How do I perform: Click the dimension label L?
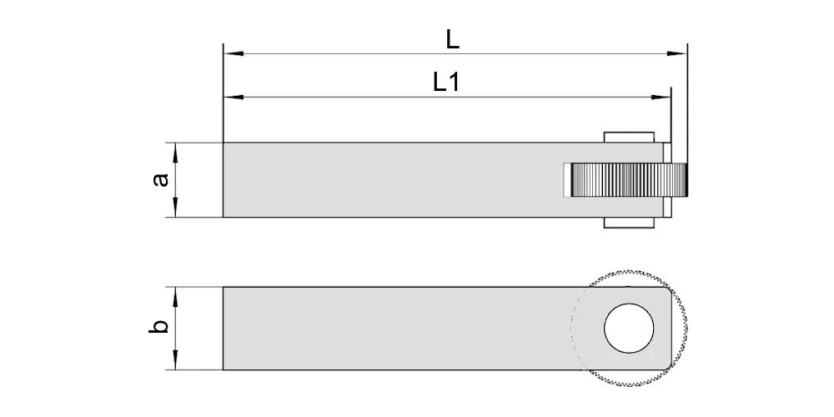pos(453,40)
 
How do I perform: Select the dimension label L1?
pos(445,83)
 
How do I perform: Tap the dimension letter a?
pos(160,180)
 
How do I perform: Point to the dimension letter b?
pos(158,325)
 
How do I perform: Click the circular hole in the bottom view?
pos(629,328)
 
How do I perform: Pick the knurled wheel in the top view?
pos(629,180)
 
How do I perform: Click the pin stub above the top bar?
pos(629,138)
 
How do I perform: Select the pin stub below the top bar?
pos(629,223)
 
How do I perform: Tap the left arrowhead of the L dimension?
pos(233,53)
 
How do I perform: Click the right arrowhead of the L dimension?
pos(677,53)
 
